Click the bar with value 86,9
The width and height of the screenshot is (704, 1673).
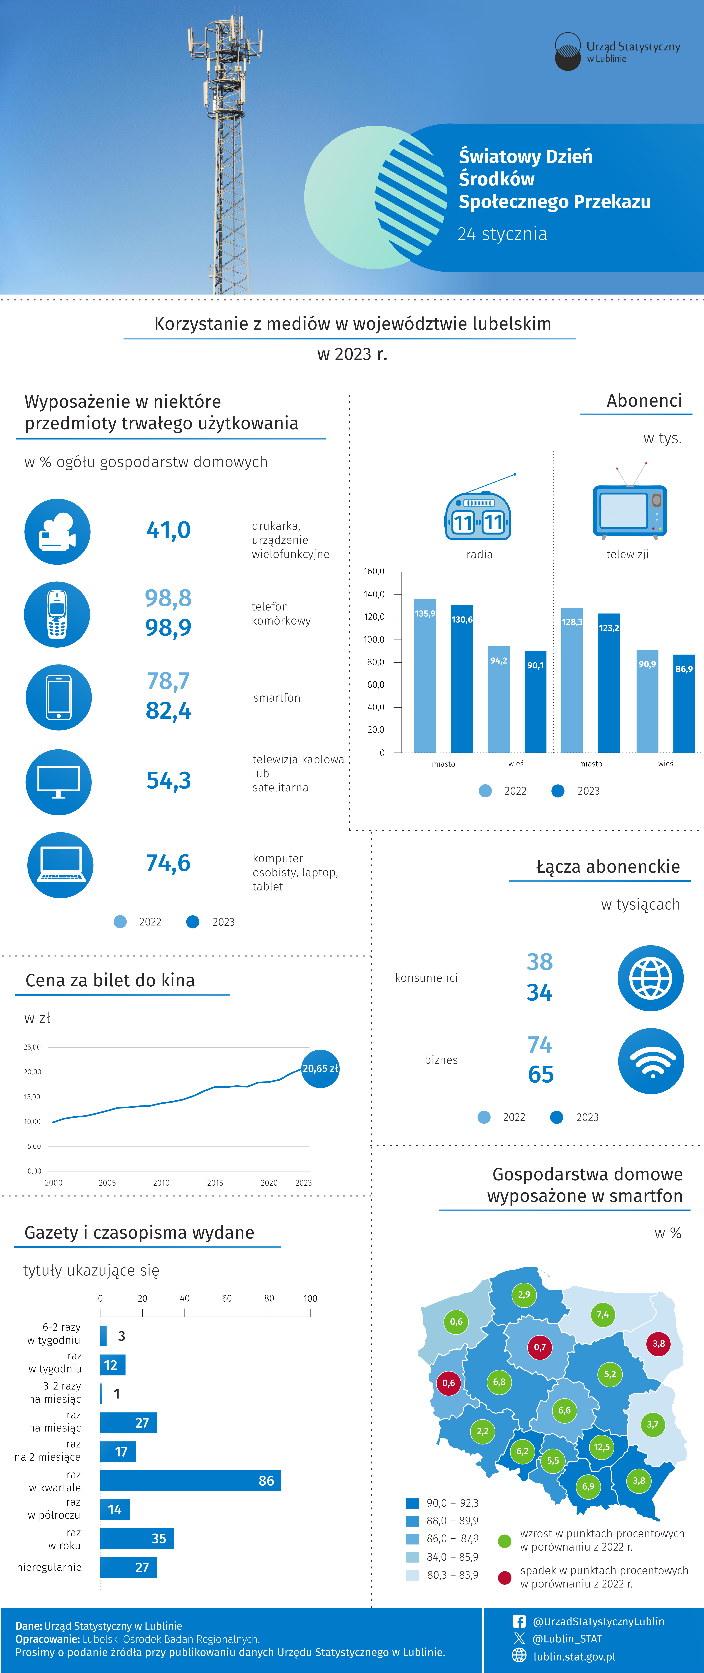pyautogui.click(x=684, y=703)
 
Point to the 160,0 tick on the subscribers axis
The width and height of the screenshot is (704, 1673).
pyautogui.click(x=374, y=571)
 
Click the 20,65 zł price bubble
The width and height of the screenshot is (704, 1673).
pyautogui.click(x=320, y=1068)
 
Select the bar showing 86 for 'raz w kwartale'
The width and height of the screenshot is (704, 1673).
pyautogui.click(x=190, y=1481)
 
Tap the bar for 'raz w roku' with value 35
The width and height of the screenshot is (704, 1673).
pyautogui.click(x=137, y=1539)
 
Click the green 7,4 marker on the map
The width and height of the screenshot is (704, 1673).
pyautogui.click(x=603, y=1315)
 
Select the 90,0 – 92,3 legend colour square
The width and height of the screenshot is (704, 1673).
pyautogui.click(x=412, y=1503)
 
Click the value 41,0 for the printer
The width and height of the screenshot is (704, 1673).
pyautogui.click(x=168, y=530)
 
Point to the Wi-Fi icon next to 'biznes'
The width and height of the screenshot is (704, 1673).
pyautogui.click(x=651, y=1061)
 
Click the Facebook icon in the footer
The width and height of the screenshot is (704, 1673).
pyautogui.click(x=519, y=1621)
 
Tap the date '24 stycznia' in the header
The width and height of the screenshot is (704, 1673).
pyautogui.click(x=502, y=234)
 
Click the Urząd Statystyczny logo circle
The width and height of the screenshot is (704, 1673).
pyautogui.click(x=568, y=51)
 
